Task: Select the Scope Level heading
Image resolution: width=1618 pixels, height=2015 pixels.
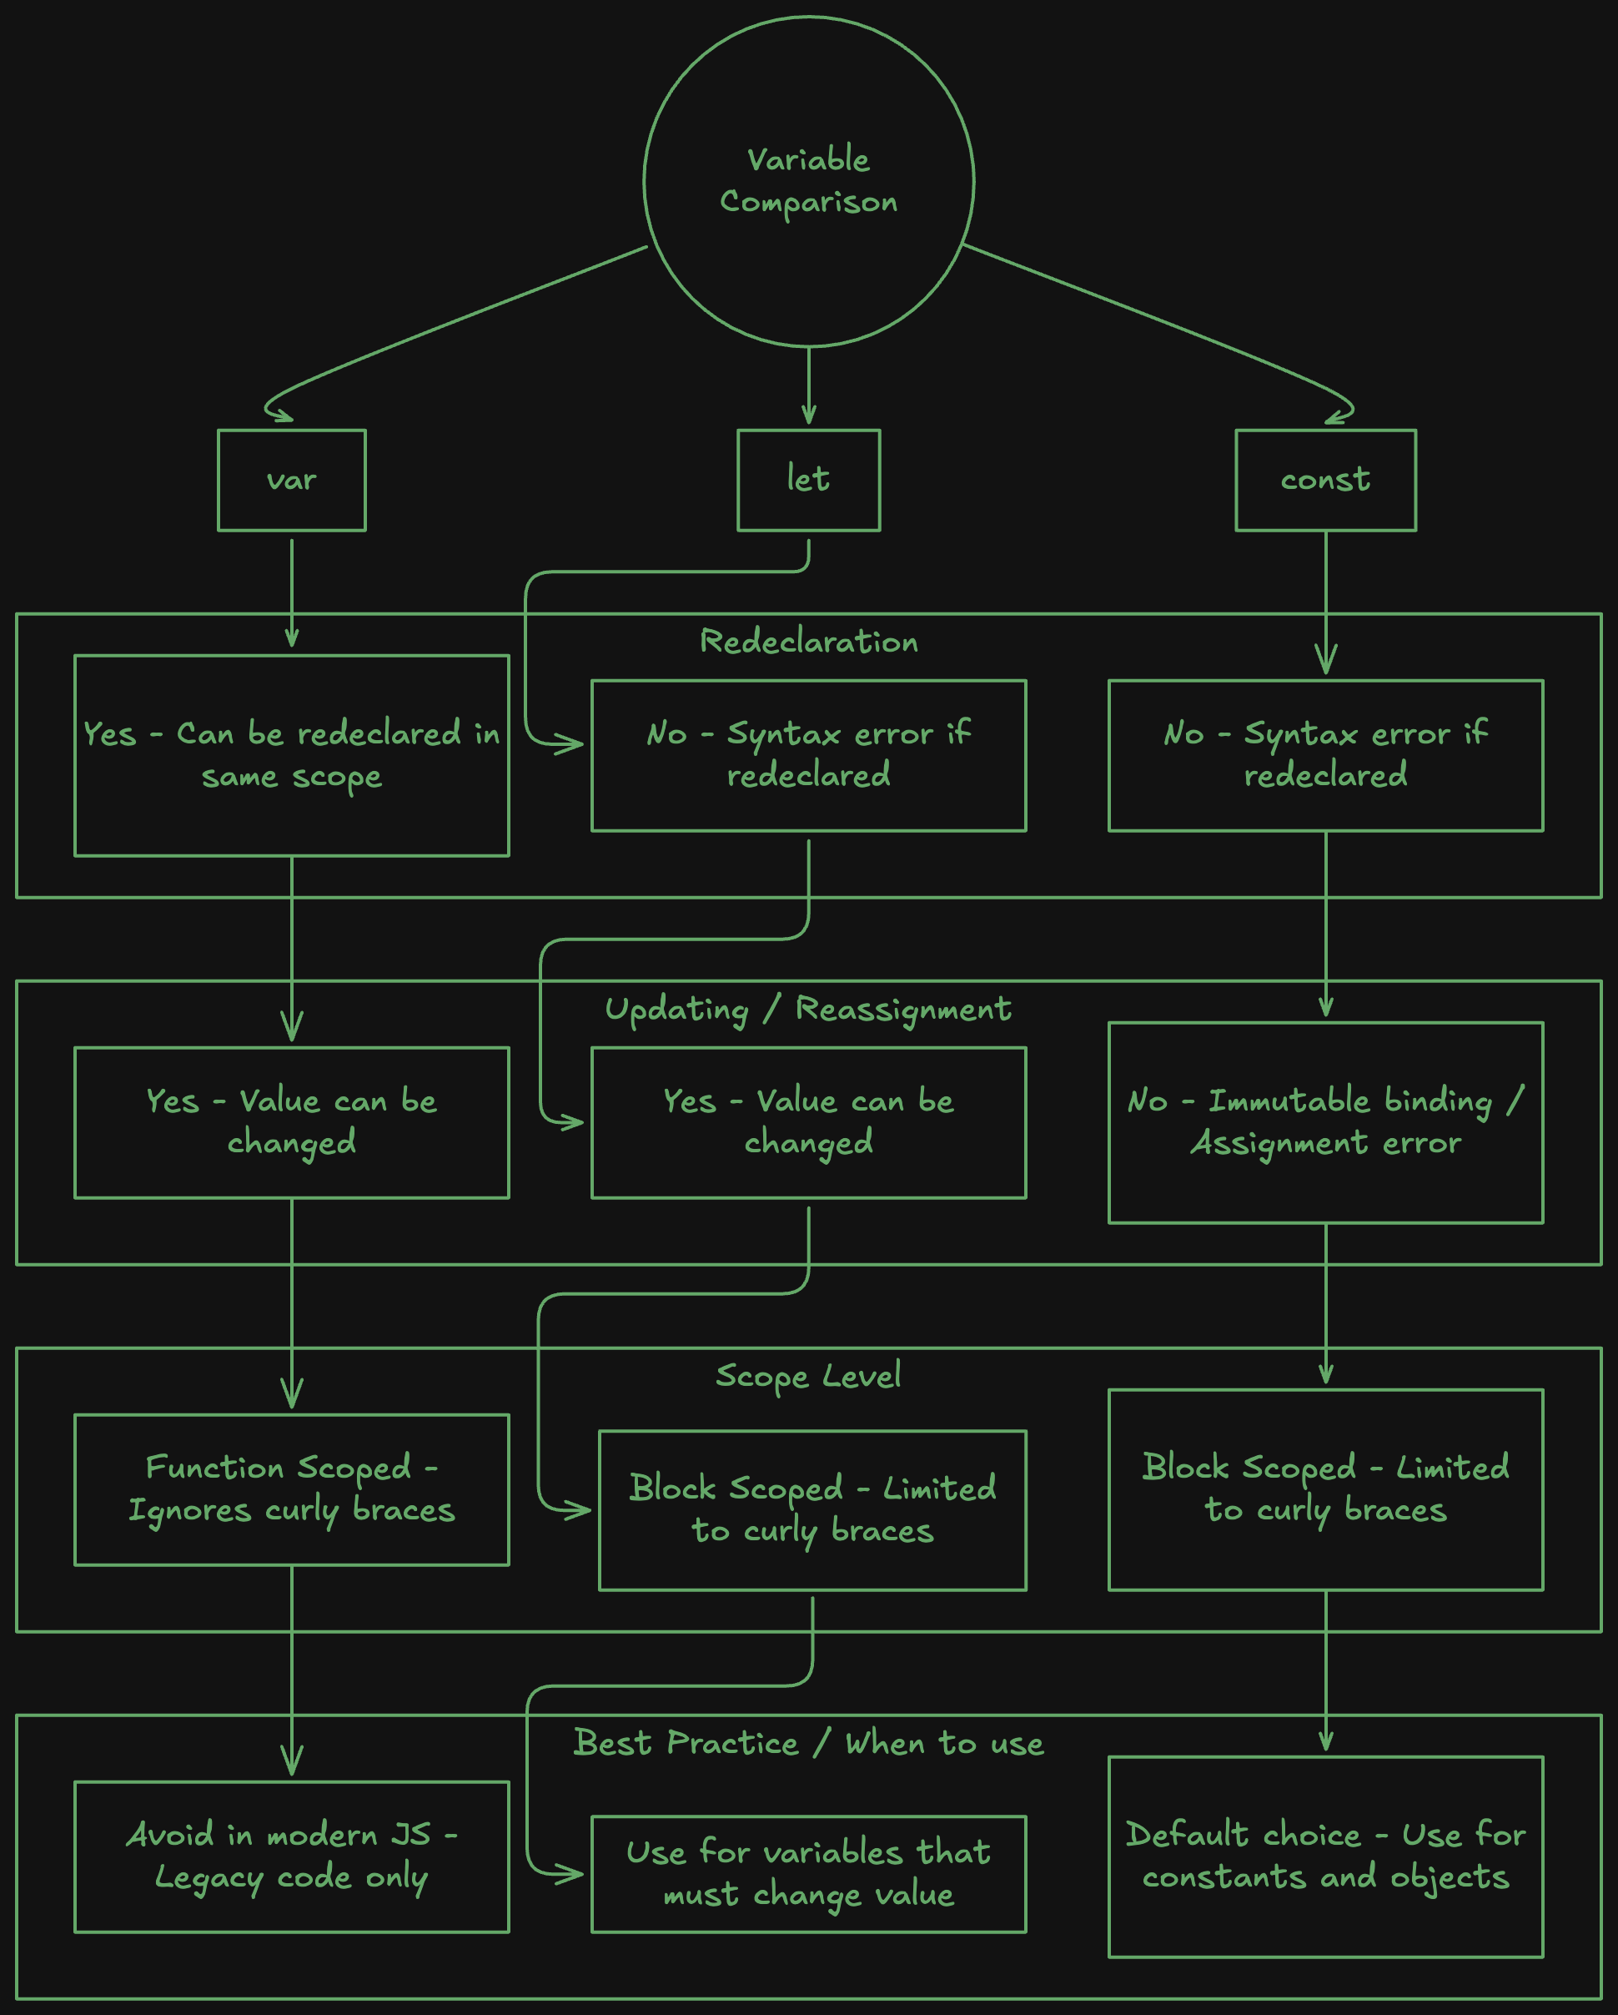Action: [x=809, y=1377]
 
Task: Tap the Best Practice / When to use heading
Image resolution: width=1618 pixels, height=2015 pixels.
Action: [x=809, y=1743]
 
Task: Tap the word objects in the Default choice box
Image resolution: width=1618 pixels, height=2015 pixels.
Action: [x=1450, y=1877]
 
